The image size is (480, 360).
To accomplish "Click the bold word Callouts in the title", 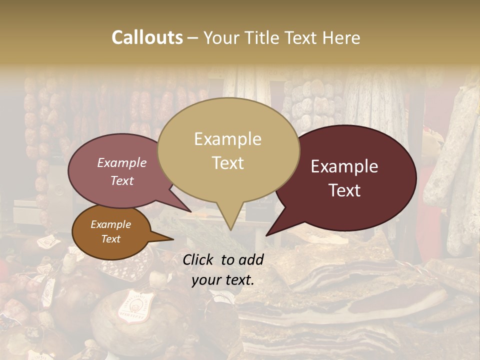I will pyautogui.click(x=147, y=37).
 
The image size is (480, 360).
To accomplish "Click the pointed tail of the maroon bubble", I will pyautogui.click(x=268, y=234).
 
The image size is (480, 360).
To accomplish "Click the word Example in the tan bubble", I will pyautogui.click(x=227, y=139).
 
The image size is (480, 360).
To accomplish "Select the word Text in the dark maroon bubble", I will pyautogui.click(x=345, y=190).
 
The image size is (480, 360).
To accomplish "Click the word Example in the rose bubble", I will pyautogui.click(x=121, y=163).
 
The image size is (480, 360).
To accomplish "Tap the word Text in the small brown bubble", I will pyautogui.click(x=110, y=239).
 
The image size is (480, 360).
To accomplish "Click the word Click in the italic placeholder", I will pyautogui.click(x=199, y=259).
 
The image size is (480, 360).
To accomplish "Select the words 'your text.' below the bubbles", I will pyautogui.click(x=223, y=280).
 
